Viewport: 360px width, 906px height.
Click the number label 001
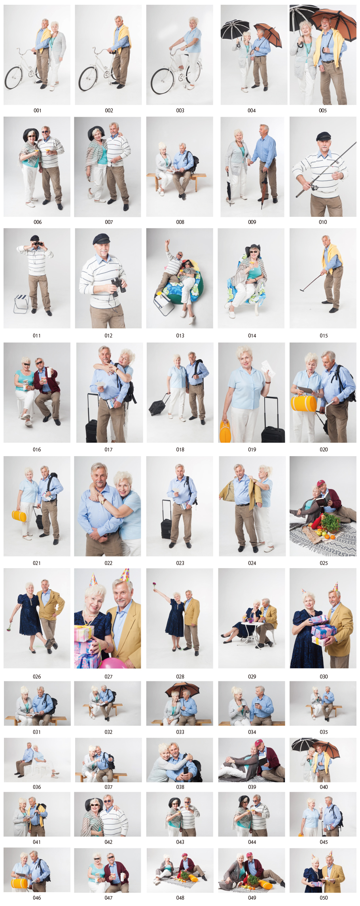37,110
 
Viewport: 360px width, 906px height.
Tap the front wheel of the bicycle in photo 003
162,82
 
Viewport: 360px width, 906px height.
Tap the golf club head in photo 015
302,290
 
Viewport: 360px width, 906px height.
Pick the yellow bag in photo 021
19,516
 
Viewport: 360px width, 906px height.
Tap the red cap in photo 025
321,483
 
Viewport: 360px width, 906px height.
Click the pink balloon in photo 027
113,663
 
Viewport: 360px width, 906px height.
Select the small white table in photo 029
252,629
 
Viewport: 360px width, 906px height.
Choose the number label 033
180,732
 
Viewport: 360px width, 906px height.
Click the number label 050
324,898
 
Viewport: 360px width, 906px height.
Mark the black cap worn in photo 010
323,136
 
